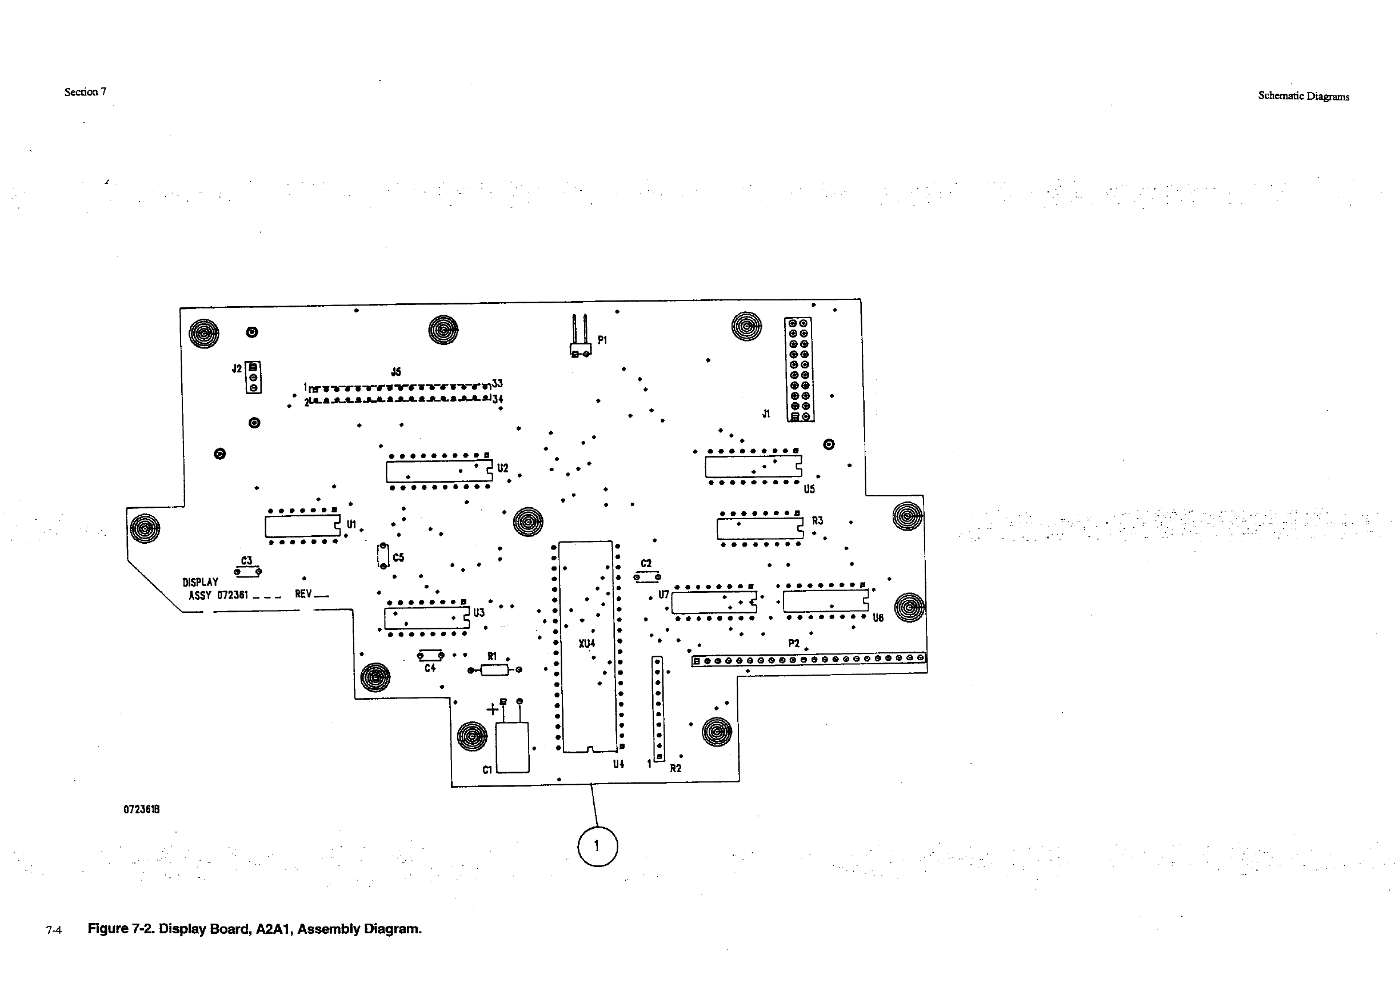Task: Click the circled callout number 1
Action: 597,846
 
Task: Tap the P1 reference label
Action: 602,340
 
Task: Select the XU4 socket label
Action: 587,643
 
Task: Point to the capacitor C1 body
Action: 513,747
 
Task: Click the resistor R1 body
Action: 494,671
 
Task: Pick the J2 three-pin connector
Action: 254,378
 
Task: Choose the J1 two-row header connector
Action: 799,370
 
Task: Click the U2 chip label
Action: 503,468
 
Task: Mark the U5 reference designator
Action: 809,489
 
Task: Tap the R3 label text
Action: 817,520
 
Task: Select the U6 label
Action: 877,618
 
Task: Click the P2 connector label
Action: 793,643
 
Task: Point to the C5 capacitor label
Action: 398,557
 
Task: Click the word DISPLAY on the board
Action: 200,582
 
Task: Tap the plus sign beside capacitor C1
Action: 491,709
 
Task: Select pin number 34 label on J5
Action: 498,399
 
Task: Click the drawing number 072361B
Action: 141,809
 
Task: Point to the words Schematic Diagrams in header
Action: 1304,96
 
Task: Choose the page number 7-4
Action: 54,930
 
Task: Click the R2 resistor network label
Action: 675,768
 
